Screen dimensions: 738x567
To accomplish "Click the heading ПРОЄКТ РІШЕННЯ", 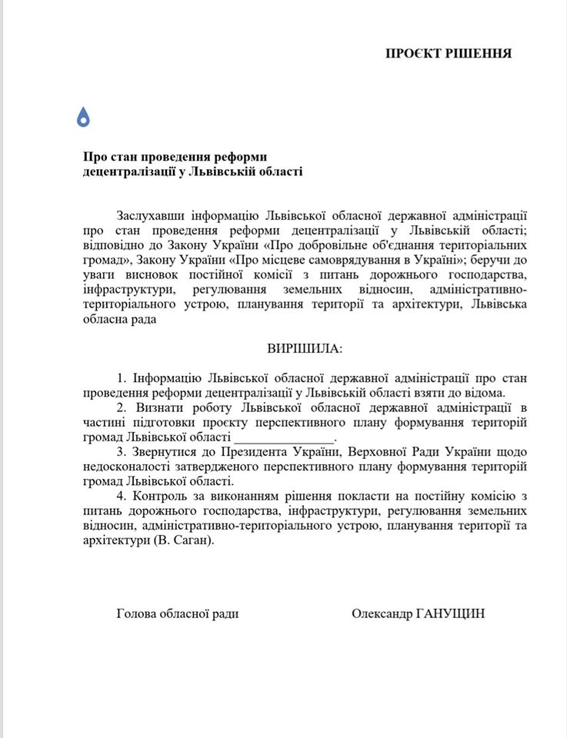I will [x=449, y=53].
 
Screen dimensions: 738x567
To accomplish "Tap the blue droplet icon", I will [x=84, y=116].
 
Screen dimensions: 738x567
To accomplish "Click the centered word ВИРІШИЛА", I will [x=305, y=348].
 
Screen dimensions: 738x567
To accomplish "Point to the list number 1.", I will [x=121, y=377].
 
